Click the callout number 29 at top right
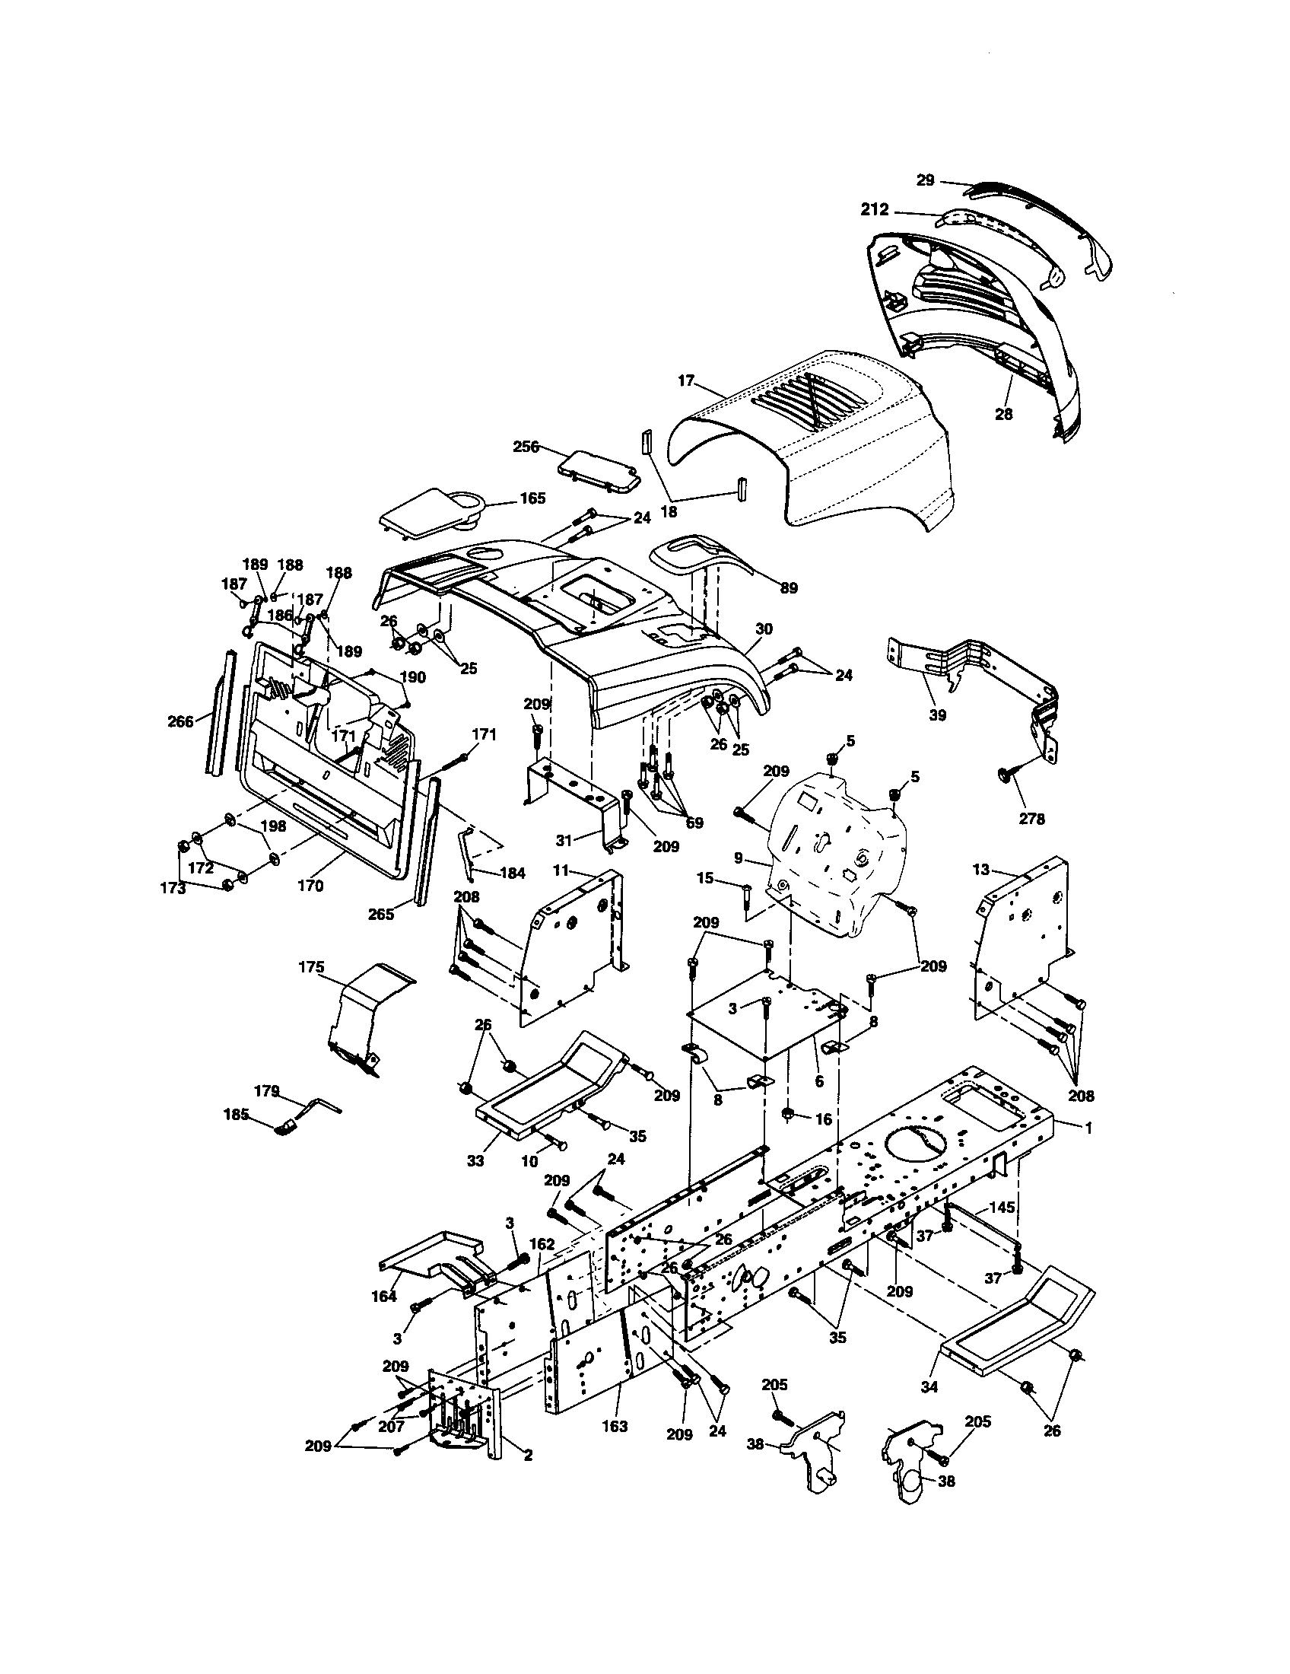tap(926, 180)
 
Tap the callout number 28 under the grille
tap(1003, 414)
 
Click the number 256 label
tap(526, 446)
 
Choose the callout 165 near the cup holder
tap(532, 498)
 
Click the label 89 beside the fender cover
tap(788, 588)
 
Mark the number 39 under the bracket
tap(938, 715)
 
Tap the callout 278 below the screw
tap(1031, 819)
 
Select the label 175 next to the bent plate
tap(312, 967)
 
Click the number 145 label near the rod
tap(1002, 1208)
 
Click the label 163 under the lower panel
tap(615, 1426)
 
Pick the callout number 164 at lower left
tap(384, 1296)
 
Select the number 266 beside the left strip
tap(181, 721)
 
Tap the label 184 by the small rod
tap(513, 872)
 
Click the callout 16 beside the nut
tap(823, 1119)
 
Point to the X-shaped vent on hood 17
tap(824, 402)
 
